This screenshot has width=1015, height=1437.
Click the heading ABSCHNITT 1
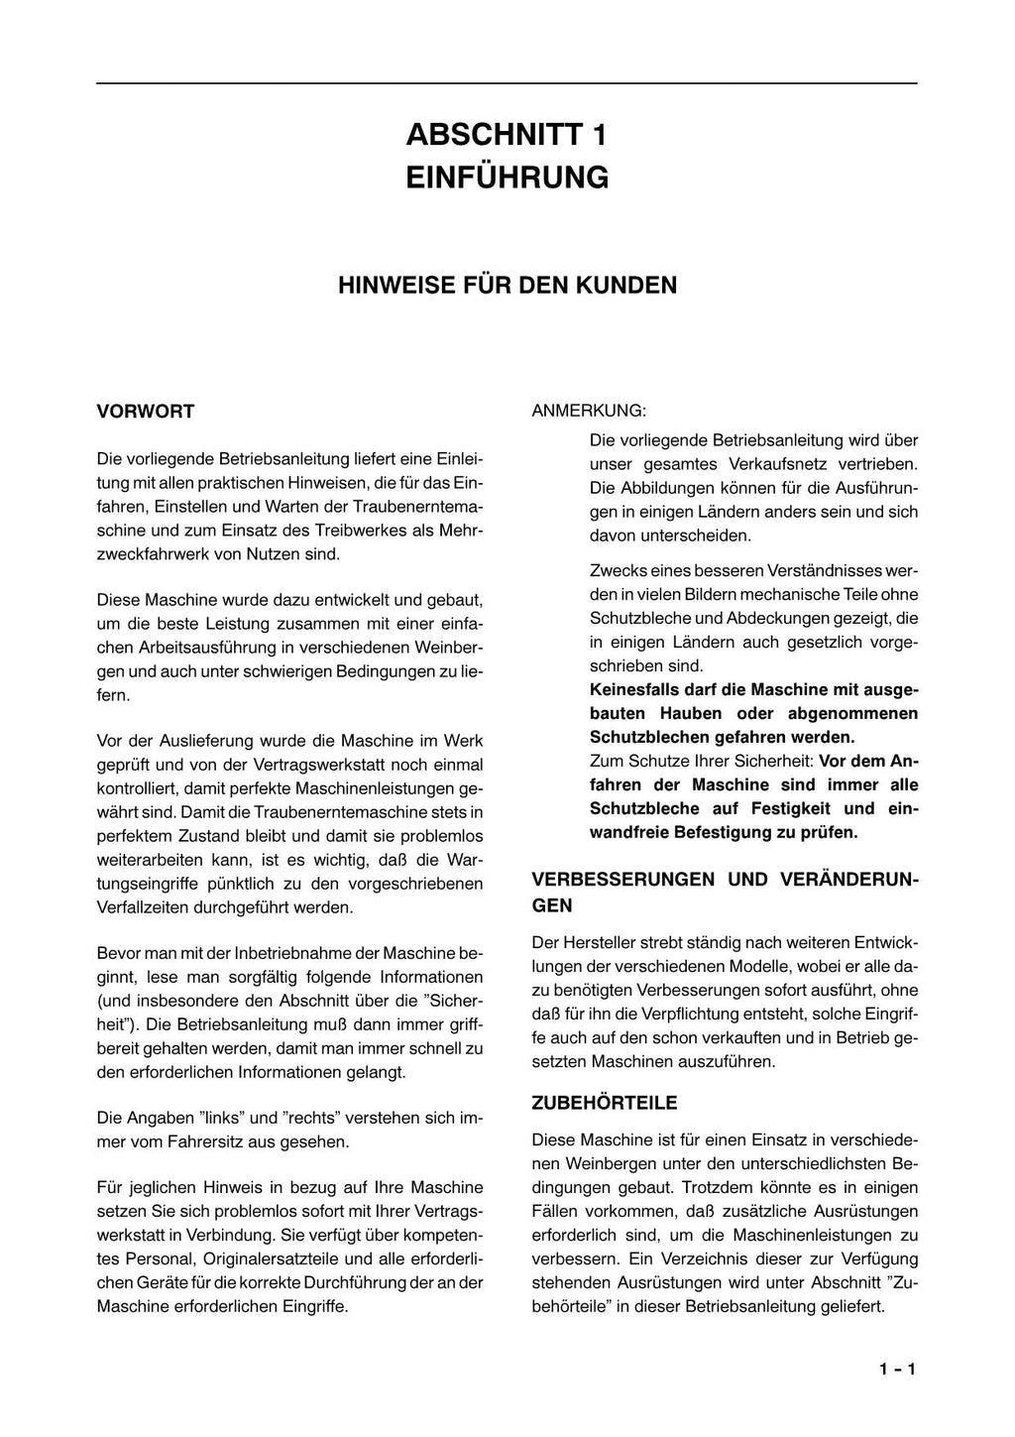pos(507,135)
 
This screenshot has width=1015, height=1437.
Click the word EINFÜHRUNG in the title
pos(507,178)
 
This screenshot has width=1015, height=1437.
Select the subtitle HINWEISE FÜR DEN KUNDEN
pos(507,286)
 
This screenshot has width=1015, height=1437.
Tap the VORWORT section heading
pos(146,412)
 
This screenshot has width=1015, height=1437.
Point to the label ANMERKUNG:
pos(589,411)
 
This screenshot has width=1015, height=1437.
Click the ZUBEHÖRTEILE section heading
pos(605,1103)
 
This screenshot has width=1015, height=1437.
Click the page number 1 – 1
pos(896,1370)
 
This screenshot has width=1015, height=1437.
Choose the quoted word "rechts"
pos(313,1118)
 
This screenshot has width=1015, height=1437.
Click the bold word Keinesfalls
pos(635,690)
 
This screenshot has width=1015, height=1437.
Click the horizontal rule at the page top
pos(507,83)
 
